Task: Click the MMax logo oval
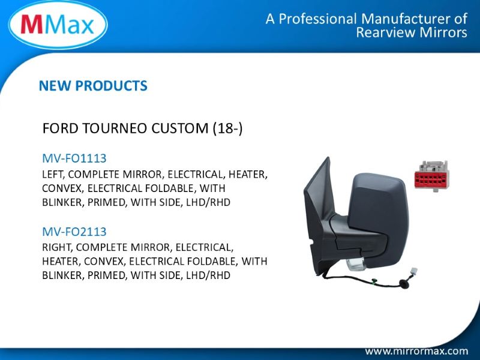click(x=58, y=25)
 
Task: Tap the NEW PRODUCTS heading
click(x=93, y=86)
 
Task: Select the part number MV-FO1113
click(x=74, y=158)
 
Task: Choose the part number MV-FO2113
click(x=74, y=232)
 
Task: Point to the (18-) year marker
click(x=228, y=128)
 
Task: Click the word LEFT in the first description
click(x=53, y=175)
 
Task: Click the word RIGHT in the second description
click(x=56, y=247)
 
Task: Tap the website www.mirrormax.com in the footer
click(x=416, y=351)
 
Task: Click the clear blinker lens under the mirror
click(x=356, y=264)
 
